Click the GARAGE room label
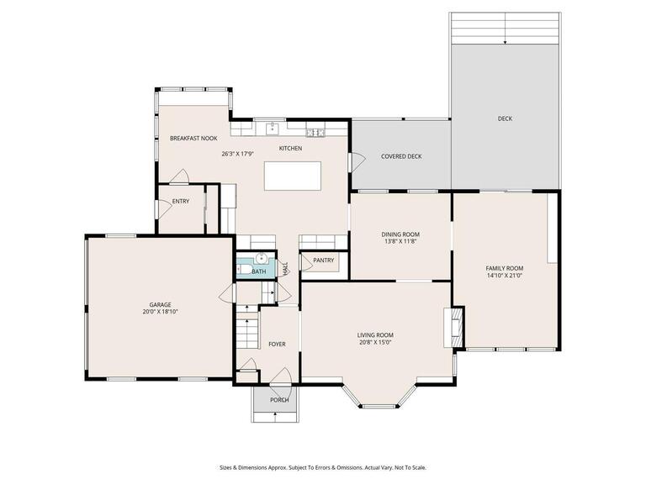pos(160,304)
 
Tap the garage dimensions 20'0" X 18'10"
pos(160,312)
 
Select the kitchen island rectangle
pos(294,176)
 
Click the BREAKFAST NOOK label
pos(193,138)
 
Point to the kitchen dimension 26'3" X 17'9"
pos(238,154)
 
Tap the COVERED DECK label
pos(401,156)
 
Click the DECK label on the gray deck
pos(505,118)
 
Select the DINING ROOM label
pos(400,234)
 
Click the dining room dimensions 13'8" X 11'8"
pos(400,242)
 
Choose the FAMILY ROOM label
pos(505,268)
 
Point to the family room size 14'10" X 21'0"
pos(505,276)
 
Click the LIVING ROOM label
pos(375,335)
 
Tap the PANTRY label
pos(324,260)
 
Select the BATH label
pos(258,271)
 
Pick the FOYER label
pos(277,345)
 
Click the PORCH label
pos(279,400)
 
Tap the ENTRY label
pos(181,202)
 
